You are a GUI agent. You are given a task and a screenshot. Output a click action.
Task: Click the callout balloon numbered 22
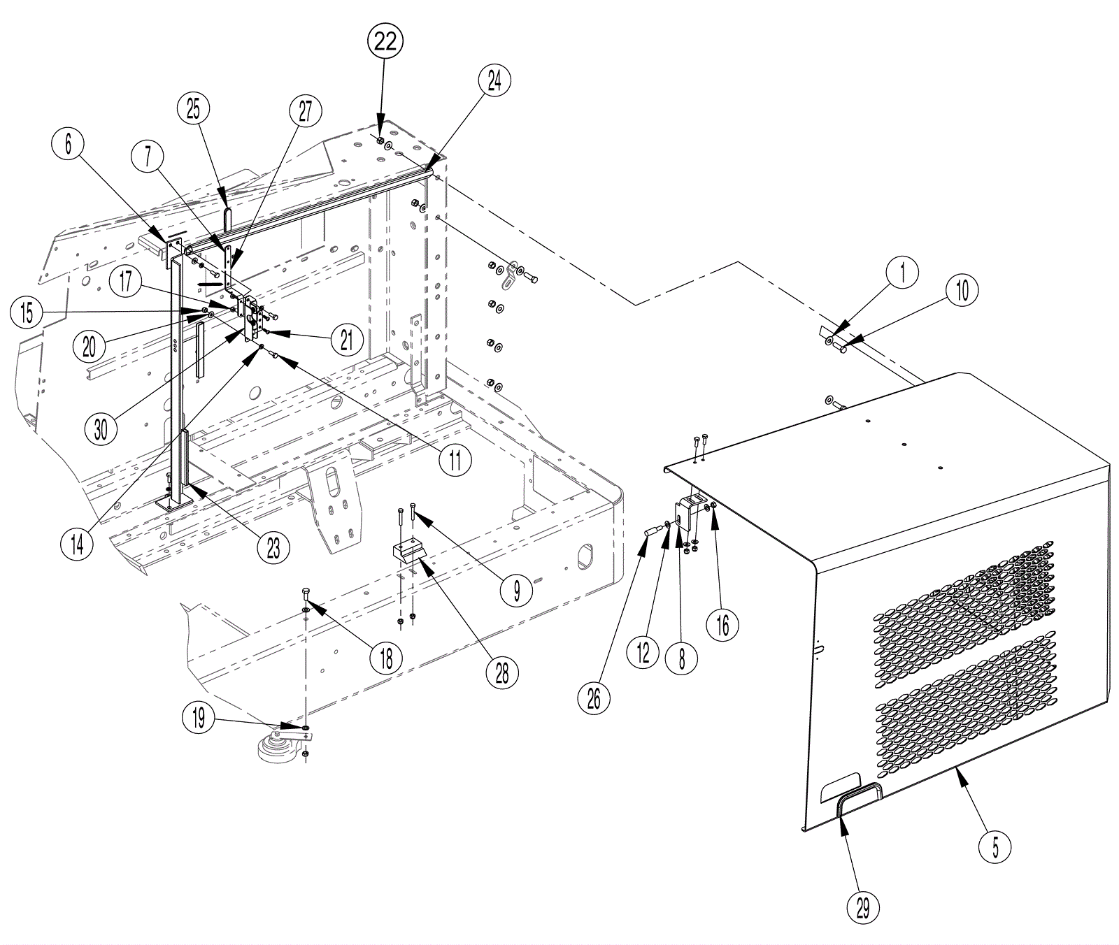(x=385, y=42)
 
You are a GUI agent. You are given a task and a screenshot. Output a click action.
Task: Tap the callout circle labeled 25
(x=193, y=108)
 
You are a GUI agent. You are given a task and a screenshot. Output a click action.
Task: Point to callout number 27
(x=306, y=111)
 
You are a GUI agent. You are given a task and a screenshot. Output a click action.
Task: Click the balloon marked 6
(x=68, y=144)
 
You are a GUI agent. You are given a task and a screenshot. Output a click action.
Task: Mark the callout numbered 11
(x=455, y=461)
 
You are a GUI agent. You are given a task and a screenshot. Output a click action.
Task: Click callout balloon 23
(x=273, y=547)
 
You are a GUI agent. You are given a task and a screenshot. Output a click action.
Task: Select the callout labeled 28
(x=502, y=672)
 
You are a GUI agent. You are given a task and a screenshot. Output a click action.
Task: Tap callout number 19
(x=199, y=718)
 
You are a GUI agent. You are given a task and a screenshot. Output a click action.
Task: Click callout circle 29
(x=862, y=908)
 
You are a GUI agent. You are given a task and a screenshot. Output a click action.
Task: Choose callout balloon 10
(x=962, y=289)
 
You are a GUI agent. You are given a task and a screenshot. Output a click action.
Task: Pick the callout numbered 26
(x=594, y=697)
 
